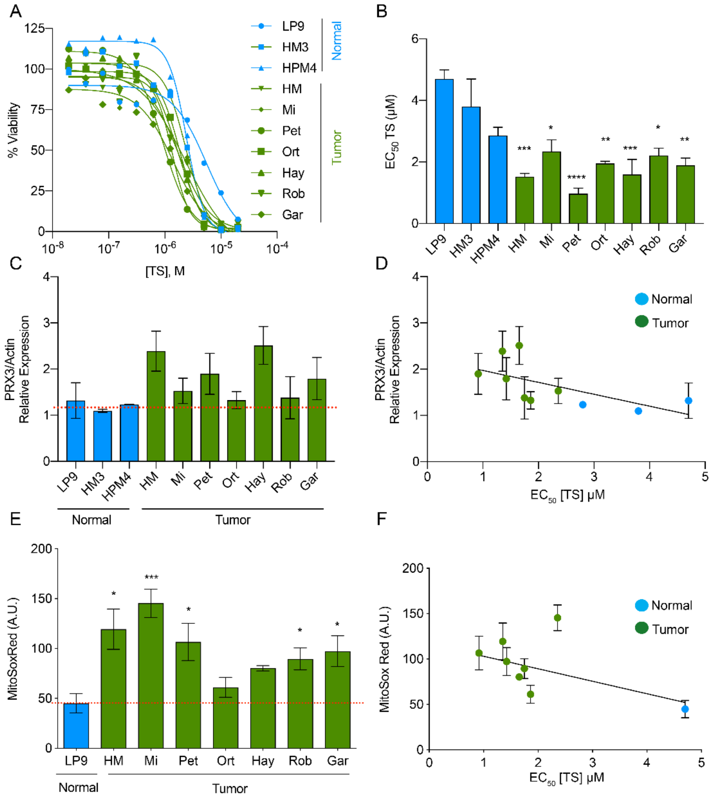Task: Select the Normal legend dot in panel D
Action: [641, 299]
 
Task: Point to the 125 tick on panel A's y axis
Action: [34, 28]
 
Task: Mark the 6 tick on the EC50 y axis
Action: [415, 39]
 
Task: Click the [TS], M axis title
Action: [165, 271]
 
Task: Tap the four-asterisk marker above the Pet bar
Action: [576, 177]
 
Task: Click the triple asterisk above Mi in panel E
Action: [151, 577]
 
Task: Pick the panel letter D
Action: [381, 263]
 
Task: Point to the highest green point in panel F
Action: [557, 618]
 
